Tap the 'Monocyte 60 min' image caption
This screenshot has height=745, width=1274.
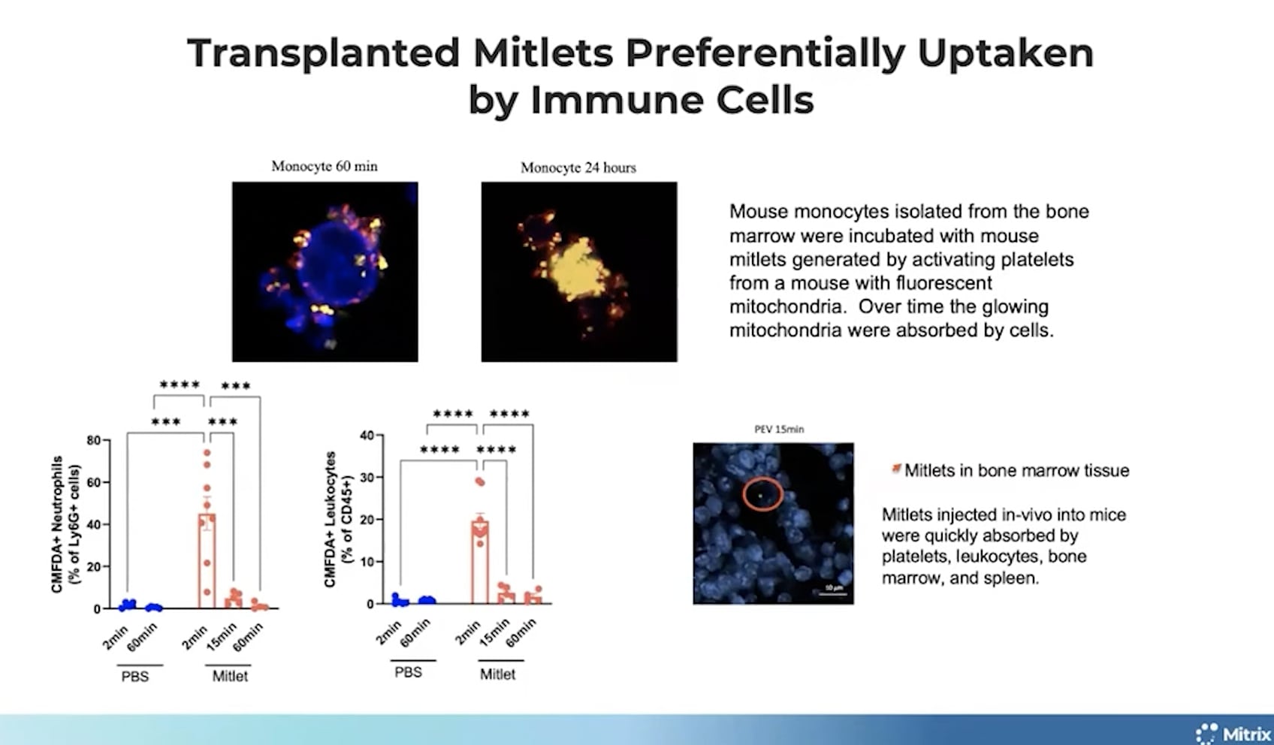(x=325, y=166)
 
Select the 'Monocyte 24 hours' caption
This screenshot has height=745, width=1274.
(x=578, y=167)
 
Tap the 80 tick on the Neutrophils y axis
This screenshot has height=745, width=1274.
(x=94, y=440)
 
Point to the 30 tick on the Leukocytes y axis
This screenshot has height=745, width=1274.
(x=367, y=478)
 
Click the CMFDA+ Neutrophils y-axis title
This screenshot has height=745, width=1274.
(x=65, y=524)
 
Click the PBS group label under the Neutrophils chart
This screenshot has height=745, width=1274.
(x=135, y=677)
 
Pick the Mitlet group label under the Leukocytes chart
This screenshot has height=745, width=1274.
(x=498, y=674)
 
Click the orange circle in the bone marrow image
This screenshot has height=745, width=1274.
(x=763, y=495)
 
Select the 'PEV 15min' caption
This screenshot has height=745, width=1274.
(x=779, y=430)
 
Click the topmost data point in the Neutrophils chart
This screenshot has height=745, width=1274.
(x=207, y=453)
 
